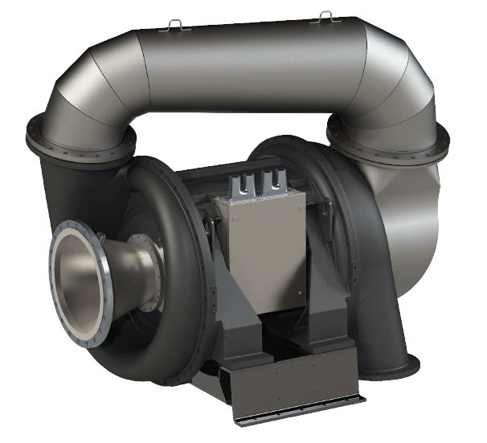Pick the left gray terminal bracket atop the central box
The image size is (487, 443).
240,183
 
